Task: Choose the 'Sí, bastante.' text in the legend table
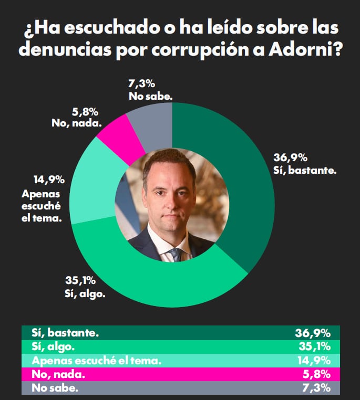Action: pos(65,333)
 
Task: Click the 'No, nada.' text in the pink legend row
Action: pos(57,374)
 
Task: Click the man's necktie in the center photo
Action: pos(176,255)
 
